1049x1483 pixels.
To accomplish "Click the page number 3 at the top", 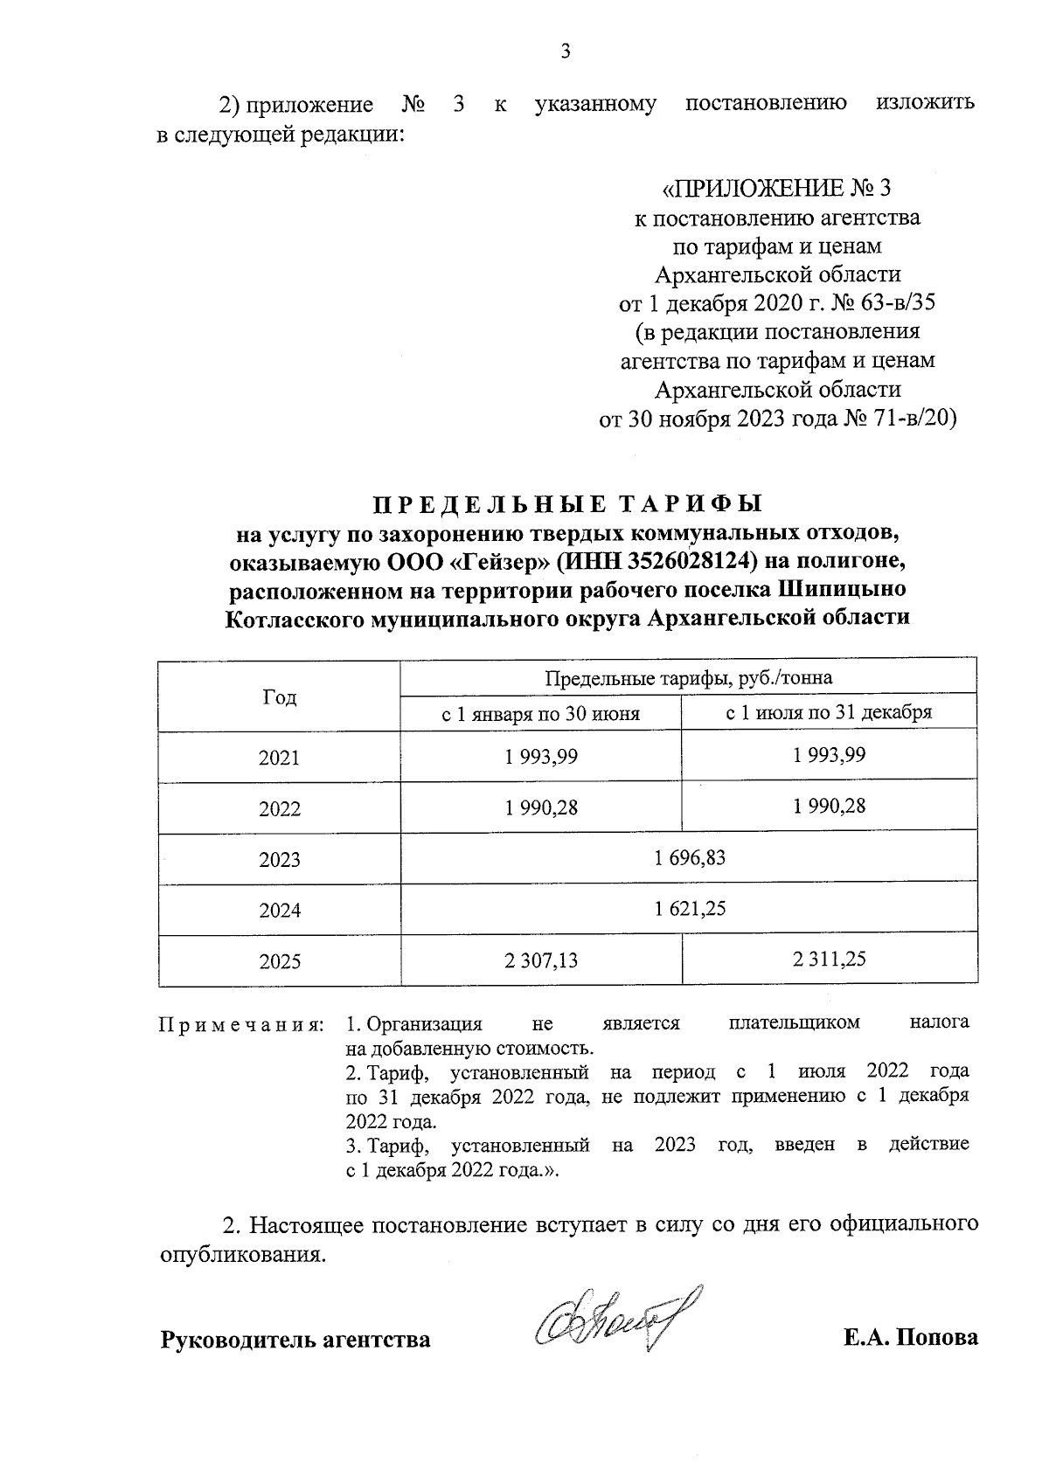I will pyautogui.click(x=565, y=52).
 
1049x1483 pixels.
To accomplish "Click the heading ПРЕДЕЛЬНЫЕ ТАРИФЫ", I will pyautogui.click(x=568, y=505).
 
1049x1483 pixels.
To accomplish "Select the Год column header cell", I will pyautogui.click(x=279, y=696).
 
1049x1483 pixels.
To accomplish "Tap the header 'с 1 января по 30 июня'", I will pyautogui.click(x=540, y=713).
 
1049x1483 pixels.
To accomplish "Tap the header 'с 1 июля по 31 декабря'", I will pyautogui.click(x=829, y=712).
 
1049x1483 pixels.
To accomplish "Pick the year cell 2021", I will pyautogui.click(x=279, y=758).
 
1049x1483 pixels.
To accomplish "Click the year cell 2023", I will pyautogui.click(x=279, y=860).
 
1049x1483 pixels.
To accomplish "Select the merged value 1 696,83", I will pyautogui.click(x=689, y=858).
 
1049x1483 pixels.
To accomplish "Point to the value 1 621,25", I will pyautogui.click(x=689, y=909).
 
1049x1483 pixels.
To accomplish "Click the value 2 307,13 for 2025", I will pyautogui.click(x=540, y=960).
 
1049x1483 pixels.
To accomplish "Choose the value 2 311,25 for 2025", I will pyautogui.click(x=829, y=960).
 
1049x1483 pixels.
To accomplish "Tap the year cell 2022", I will pyautogui.click(x=279, y=809).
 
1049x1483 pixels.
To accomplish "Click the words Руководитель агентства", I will pyautogui.click(x=295, y=1340).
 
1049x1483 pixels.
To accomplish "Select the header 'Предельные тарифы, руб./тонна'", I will pyautogui.click(x=689, y=678).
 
